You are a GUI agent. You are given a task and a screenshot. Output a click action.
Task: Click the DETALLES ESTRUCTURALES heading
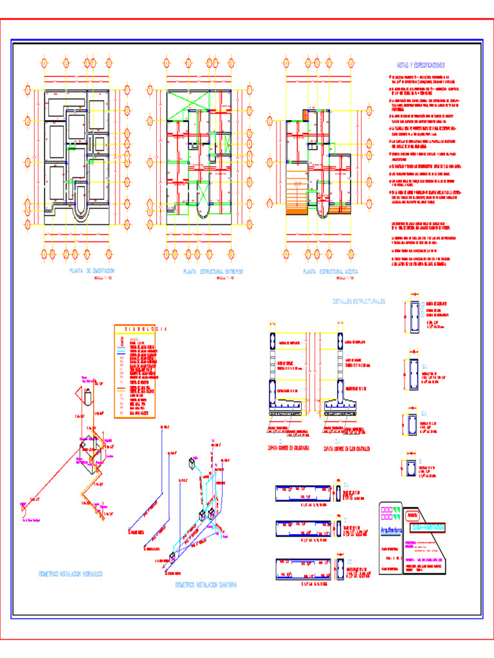(358, 301)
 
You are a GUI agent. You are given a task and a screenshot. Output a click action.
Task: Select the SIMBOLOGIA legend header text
(143, 329)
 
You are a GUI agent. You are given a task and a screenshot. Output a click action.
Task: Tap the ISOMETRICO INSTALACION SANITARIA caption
(206, 585)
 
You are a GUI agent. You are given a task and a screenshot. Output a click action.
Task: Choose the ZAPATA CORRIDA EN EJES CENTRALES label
(350, 447)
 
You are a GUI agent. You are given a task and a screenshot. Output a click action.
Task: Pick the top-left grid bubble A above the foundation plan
(44, 64)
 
